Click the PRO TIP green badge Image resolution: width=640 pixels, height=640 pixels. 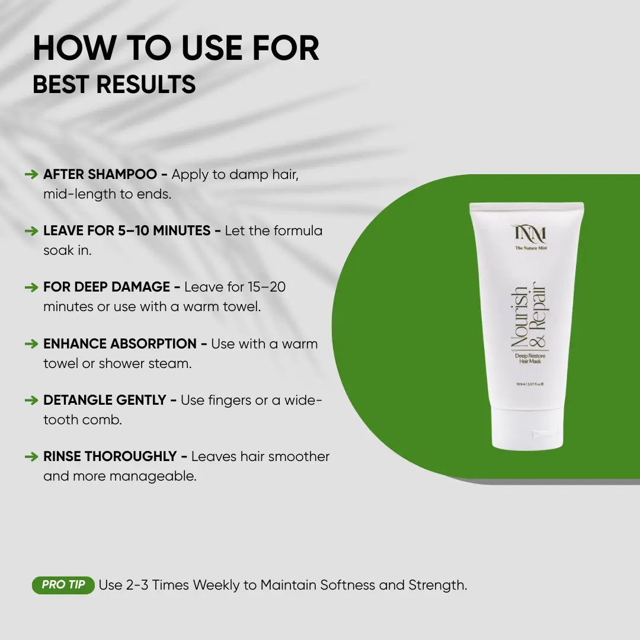pyautogui.click(x=63, y=585)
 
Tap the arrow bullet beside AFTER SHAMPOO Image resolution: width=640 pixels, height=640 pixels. pyautogui.click(x=31, y=175)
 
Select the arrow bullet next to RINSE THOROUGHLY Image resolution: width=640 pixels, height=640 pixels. pyautogui.click(x=31, y=457)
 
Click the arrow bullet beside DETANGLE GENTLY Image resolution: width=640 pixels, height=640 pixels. pyautogui.click(x=31, y=401)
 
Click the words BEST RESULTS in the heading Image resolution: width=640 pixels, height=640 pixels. pyautogui.click(x=114, y=84)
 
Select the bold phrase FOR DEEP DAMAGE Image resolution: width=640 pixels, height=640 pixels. pyautogui.click(x=107, y=287)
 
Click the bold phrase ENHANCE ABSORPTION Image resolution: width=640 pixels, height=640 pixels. pyautogui.click(x=120, y=344)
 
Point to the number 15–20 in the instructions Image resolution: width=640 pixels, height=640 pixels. pyautogui.click(x=266, y=287)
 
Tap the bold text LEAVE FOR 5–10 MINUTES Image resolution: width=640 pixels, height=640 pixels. pyautogui.click(x=127, y=231)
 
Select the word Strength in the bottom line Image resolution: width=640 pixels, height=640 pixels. pyautogui.click(x=437, y=585)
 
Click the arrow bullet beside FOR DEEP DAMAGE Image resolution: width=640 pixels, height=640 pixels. pyautogui.click(x=31, y=287)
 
